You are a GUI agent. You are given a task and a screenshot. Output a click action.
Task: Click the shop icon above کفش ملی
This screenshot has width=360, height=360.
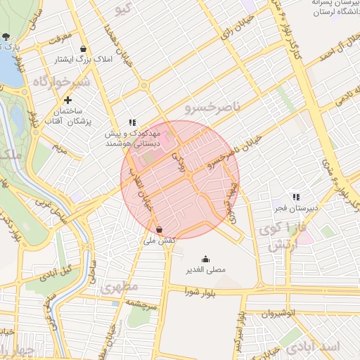160,229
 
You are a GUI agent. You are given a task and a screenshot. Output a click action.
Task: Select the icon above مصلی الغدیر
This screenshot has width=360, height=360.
205,259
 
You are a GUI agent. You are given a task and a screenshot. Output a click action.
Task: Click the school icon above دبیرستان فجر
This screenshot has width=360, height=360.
296,198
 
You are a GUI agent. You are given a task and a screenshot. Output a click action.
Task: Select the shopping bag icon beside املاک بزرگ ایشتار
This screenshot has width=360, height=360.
84,49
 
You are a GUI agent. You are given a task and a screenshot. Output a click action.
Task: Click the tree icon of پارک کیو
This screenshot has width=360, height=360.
6,37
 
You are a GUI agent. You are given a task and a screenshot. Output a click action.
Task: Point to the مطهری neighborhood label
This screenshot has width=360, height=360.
116,288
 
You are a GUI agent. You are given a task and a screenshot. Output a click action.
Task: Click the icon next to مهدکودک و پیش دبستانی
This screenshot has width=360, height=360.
131,123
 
